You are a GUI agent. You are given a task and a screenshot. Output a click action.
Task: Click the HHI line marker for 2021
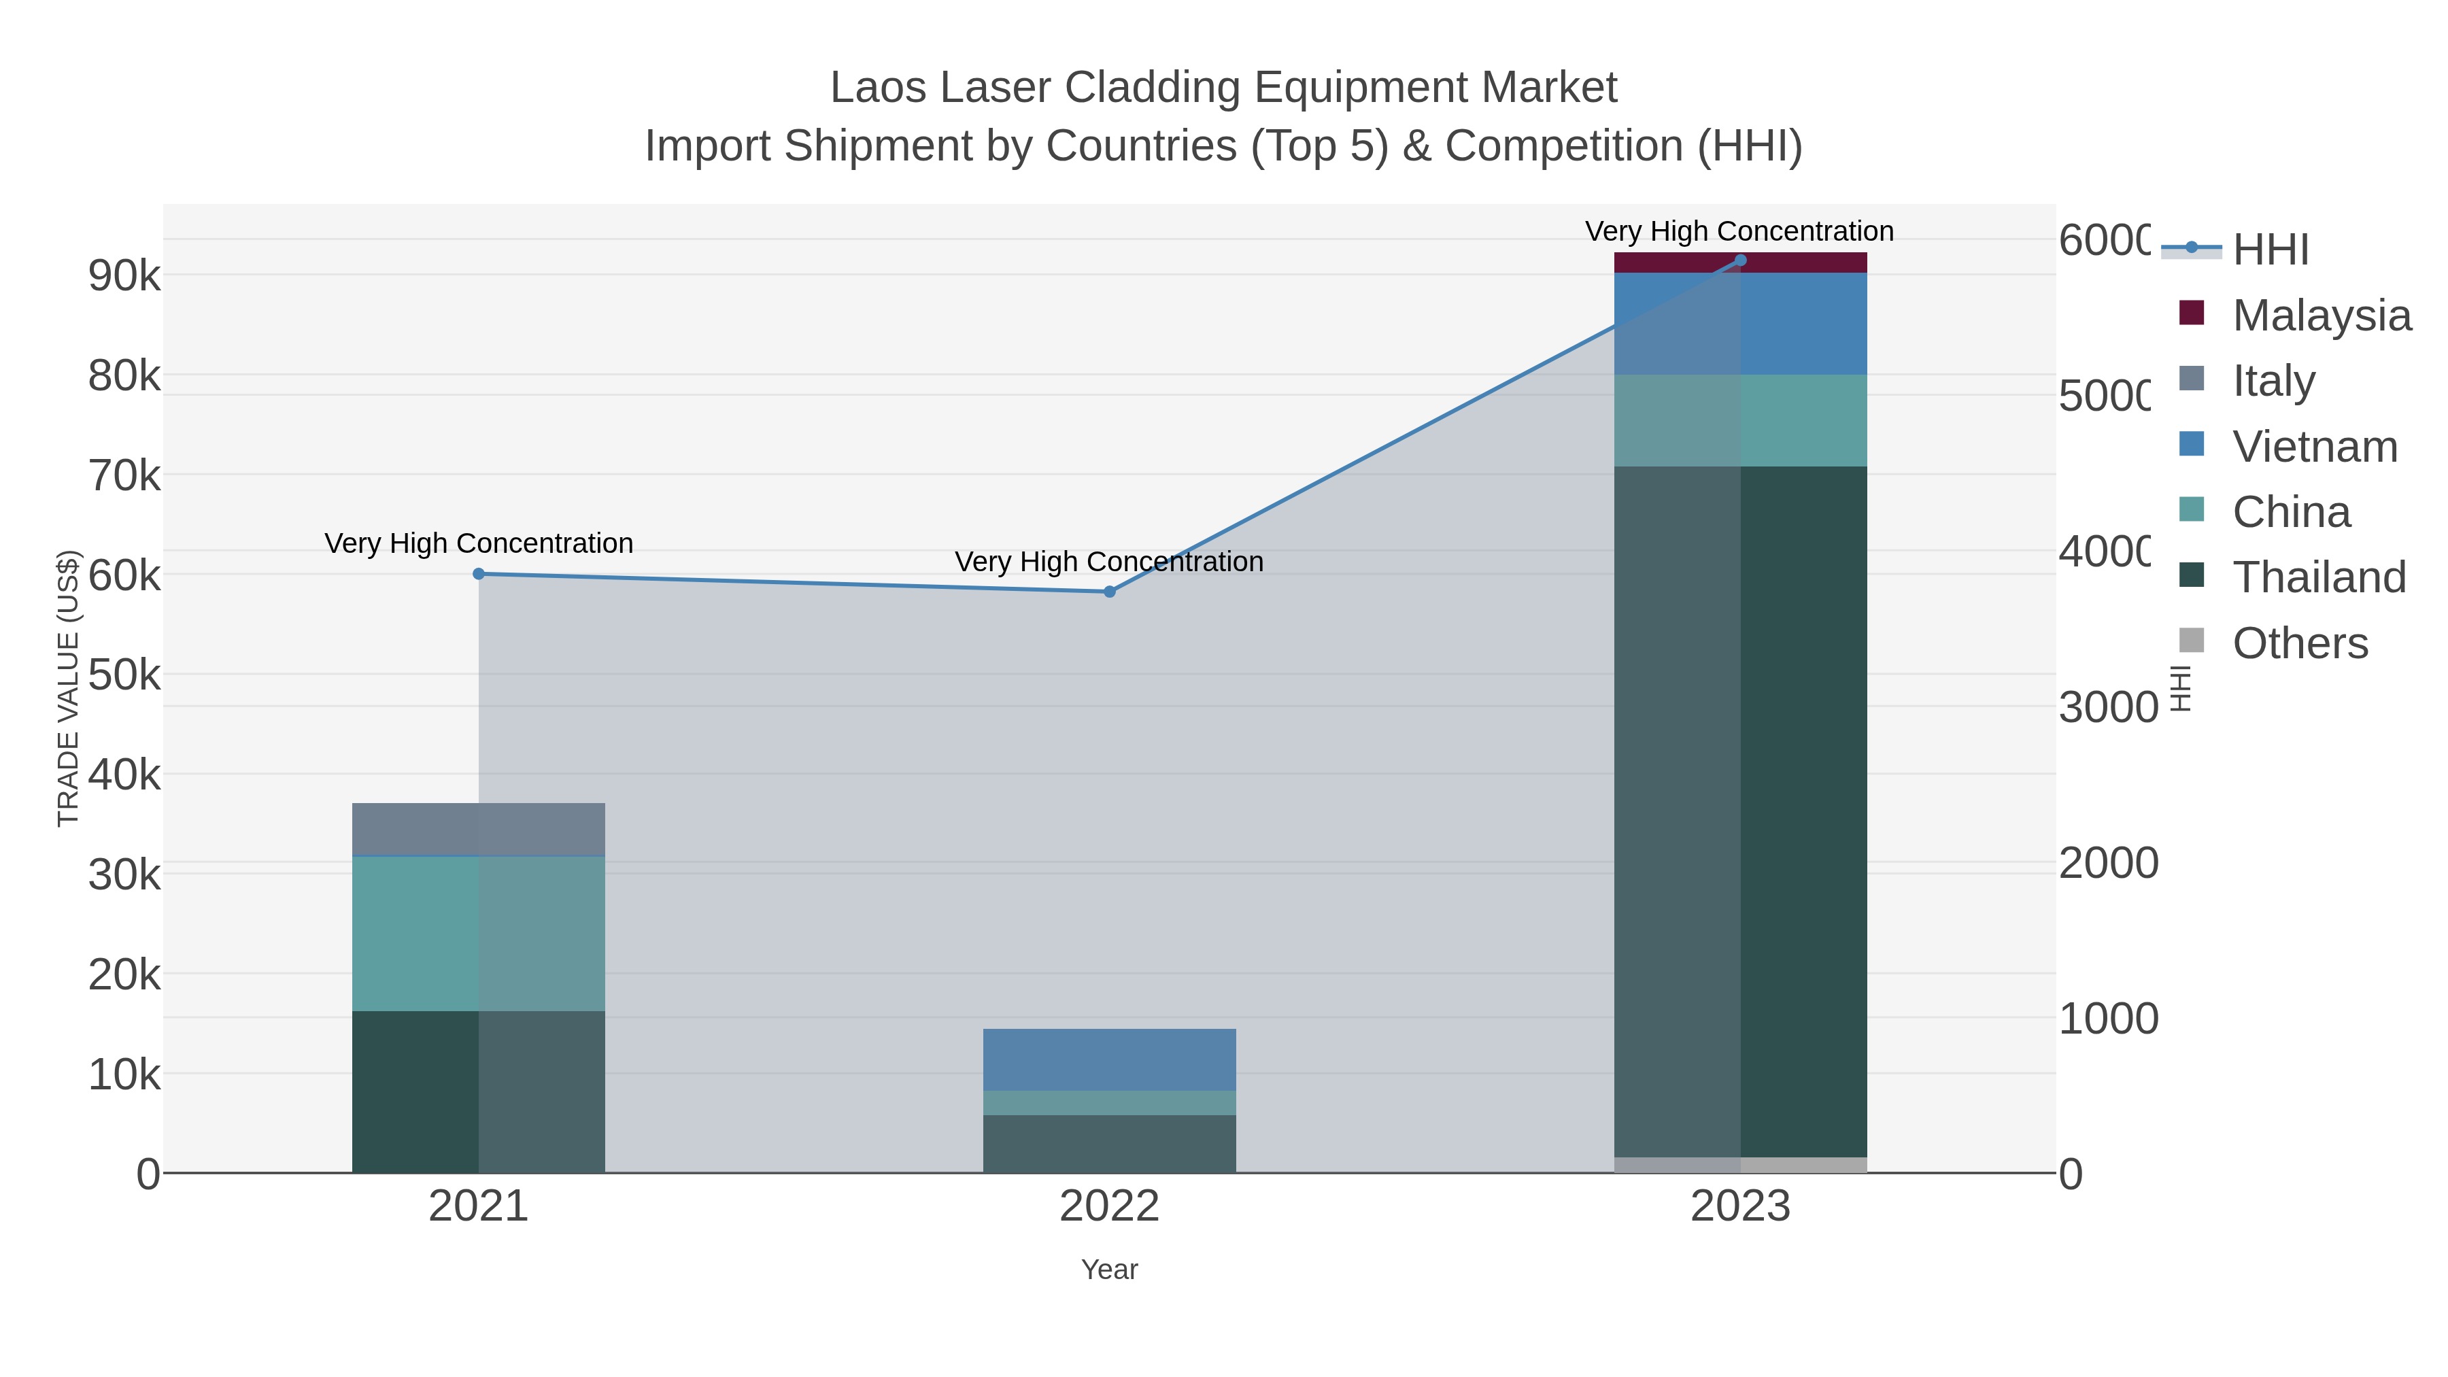479,574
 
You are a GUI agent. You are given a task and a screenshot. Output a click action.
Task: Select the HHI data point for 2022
1109,592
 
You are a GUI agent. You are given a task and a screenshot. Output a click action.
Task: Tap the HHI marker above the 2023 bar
1740,260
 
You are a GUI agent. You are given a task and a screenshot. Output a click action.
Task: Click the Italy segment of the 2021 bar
479,830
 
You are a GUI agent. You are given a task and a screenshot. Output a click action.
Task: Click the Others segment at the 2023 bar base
1740,1165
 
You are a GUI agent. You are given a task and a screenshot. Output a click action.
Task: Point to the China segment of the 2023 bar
1740,420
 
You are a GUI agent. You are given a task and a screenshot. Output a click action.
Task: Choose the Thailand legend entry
2318,578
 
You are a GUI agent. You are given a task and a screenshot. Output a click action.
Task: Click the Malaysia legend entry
2321,316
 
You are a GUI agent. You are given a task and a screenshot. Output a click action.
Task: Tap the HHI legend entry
2269,250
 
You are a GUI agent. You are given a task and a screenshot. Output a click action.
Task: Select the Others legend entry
2299,643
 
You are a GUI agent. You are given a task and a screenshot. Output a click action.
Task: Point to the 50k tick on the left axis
124,676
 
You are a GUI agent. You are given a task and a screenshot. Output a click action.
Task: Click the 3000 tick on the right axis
2108,708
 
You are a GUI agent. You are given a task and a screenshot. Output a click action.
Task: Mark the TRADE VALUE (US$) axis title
69,688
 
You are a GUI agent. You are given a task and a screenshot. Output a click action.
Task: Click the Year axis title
1109,1270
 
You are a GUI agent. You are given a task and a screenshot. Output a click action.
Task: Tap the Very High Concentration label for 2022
1109,562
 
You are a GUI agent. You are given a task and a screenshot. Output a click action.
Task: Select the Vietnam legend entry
2314,447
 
